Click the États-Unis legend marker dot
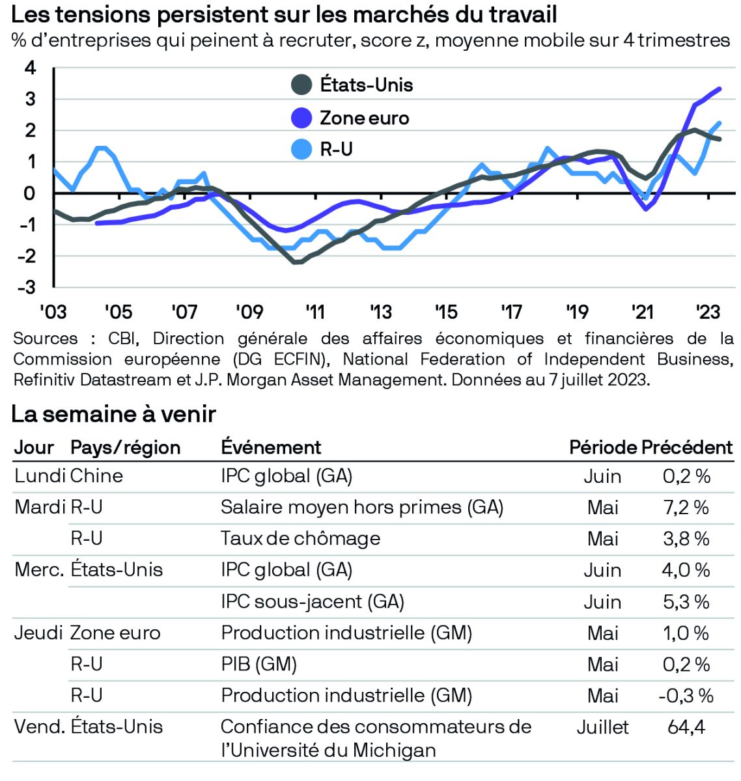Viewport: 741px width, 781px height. pos(301,85)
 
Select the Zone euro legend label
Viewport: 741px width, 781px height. pos(364,118)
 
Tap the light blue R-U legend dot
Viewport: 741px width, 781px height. pos(301,150)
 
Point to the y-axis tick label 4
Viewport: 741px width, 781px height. pos(30,68)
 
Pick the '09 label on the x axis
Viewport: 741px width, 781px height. pos(249,312)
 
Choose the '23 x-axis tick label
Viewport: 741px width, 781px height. pos(707,312)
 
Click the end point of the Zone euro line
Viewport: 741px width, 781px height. pos(719,89)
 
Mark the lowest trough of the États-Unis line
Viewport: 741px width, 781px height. pos(296,262)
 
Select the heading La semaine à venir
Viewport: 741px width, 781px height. pos(113,414)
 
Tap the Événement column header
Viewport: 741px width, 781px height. pos(271,447)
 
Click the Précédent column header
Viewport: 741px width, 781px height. pos(687,447)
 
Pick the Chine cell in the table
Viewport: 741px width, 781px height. pos(96,476)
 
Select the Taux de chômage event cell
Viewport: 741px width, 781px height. pos(300,538)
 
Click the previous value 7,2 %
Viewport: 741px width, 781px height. pos(686,507)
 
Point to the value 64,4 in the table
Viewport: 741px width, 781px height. pos(686,726)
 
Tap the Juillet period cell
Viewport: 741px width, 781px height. pos(602,726)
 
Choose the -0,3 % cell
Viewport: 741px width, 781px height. pos(686,695)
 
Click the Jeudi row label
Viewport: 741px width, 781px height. pos(38,633)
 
